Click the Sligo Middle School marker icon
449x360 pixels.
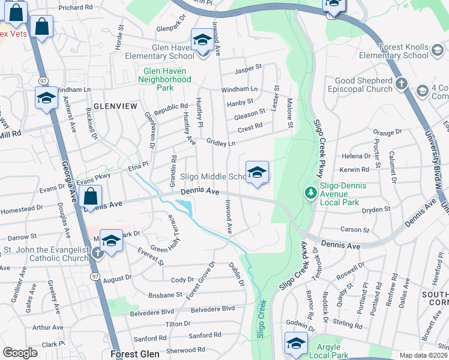coord(257,172)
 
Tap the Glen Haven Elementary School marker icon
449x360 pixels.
coord(202,41)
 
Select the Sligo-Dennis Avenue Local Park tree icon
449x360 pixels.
coord(310,193)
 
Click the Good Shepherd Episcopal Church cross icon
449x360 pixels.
coord(402,84)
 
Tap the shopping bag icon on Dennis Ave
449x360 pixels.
coord(90,197)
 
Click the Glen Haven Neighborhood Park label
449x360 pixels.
coord(166,79)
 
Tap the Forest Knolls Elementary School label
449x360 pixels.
coord(394,51)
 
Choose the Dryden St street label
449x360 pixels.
coord(377,209)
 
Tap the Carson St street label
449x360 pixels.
coord(355,230)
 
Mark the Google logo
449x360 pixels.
coord(20,353)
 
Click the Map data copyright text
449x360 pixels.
coord(424,355)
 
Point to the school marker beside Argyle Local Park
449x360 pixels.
coord(296,344)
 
